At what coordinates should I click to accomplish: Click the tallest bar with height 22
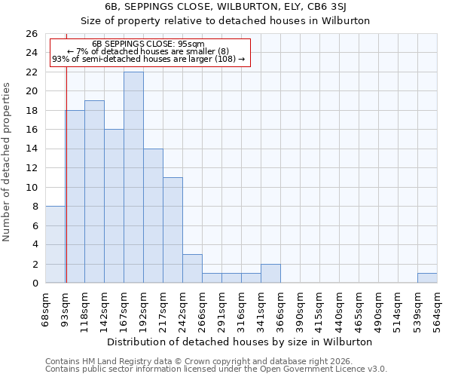[133, 177]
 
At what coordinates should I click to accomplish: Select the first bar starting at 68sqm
[55, 244]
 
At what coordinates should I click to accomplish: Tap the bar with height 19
[94, 192]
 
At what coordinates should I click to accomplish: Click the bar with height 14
[153, 216]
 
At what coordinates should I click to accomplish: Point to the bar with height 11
[173, 230]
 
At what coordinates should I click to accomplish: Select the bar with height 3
[192, 268]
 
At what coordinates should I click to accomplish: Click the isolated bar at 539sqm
[427, 277]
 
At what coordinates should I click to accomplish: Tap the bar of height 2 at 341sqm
[270, 274]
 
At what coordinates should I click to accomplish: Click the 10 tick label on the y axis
[31, 187]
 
